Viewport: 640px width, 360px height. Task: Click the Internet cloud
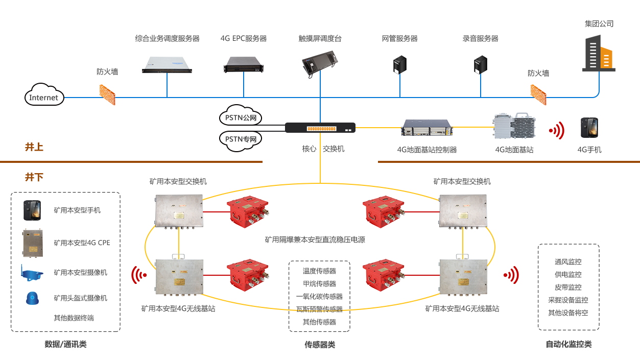pyautogui.click(x=44, y=95)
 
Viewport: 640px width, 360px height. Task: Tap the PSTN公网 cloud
pyautogui.click(x=241, y=115)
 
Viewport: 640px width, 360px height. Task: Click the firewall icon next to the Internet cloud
pyautogui.click(x=107, y=94)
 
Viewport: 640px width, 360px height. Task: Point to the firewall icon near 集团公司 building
pyautogui.click(x=538, y=94)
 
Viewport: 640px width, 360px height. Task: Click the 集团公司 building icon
pyautogui.click(x=599, y=53)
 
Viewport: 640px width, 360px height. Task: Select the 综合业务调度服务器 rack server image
pyautogui.click(x=167, y=64)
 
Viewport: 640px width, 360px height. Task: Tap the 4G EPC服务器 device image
pyautogui.click(x=244, y=64)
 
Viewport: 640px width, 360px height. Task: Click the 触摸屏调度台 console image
pyautogui.click(x=320, y=64)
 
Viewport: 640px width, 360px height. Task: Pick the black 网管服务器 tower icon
pyautogui.click(x=400, y=64)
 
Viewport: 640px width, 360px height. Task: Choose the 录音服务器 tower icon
pyautogui.click(x=480, y=64)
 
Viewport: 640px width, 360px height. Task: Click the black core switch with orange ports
pyautogui.click(x=320, y=128)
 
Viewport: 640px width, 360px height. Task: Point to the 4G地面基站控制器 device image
pyautogui.click(x=427, y=128)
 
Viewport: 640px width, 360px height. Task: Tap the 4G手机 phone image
pyautogui.click(x=589, y=128)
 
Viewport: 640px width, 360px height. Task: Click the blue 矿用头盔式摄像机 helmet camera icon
pyautogui.click(x=32, y=298)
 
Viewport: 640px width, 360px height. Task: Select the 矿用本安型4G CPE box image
pyautogui.click(x=33, y=243)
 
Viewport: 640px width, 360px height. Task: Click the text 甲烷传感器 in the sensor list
pyautogui.click(x=319, y=284)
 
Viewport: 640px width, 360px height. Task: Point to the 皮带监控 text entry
pyautogui.click(x=568, y=287)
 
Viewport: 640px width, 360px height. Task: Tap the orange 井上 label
pyautogui.click(x=34, y=147)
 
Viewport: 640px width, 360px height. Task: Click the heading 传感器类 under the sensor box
pyautogui.click(x=320, y=345)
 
